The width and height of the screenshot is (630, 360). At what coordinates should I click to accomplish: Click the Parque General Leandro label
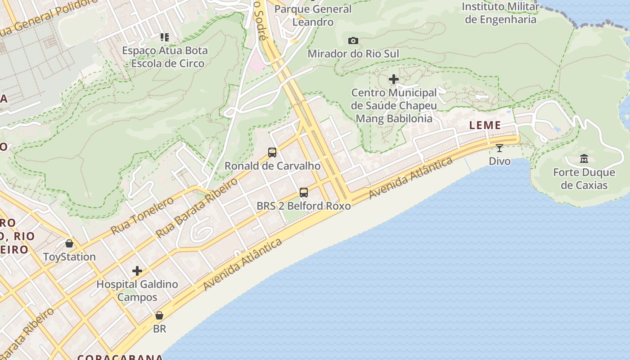[313, 15]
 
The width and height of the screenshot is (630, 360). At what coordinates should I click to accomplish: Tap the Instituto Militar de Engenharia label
[500, 13]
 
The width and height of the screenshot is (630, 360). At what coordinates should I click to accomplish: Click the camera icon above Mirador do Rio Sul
[353, 41]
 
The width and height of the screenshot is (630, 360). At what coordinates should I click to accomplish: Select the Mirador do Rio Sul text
[353, 54]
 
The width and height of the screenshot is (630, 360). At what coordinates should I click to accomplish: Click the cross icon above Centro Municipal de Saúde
[394, 80]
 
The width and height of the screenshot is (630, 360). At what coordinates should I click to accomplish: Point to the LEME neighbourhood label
[485, 126]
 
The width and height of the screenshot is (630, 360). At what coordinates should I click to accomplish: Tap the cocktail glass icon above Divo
[499, 148]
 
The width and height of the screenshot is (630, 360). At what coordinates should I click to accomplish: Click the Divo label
[499, 161]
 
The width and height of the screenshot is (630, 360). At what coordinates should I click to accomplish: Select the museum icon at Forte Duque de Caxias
[584, 159]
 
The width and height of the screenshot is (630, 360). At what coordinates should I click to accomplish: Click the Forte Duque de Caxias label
[584, 179]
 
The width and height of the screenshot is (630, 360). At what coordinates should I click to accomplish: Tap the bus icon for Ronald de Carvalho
[272, 153]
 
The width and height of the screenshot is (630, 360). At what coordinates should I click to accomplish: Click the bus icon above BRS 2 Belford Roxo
[304, 193]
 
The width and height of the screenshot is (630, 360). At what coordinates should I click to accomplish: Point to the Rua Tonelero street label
[142, 216]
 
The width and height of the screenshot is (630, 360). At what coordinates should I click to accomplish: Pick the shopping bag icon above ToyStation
[69, 243]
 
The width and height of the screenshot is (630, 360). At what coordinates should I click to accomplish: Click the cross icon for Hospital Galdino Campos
[137, 271]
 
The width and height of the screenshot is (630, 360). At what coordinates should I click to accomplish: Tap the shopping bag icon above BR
[159, 315]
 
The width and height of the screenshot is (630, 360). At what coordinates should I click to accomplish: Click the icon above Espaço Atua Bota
[165, 37]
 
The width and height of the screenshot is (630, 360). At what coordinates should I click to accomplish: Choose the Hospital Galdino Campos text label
[137, 291]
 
